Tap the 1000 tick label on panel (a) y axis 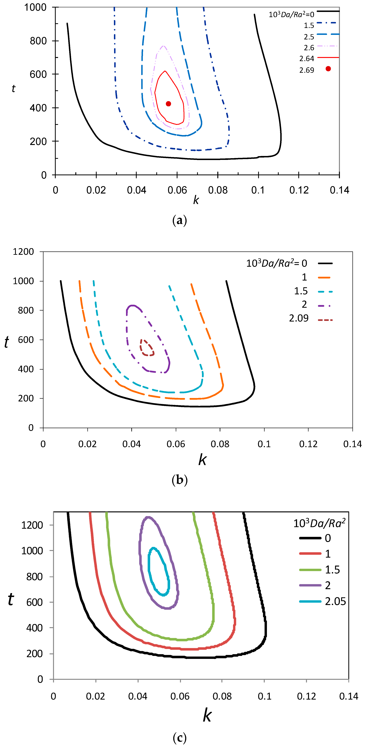[35, 7]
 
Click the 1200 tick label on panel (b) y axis [24, 252]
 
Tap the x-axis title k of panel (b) [202, 460]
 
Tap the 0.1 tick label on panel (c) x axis [264, 696]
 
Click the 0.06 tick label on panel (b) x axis [176, 444]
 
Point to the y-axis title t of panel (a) [13, 88]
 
